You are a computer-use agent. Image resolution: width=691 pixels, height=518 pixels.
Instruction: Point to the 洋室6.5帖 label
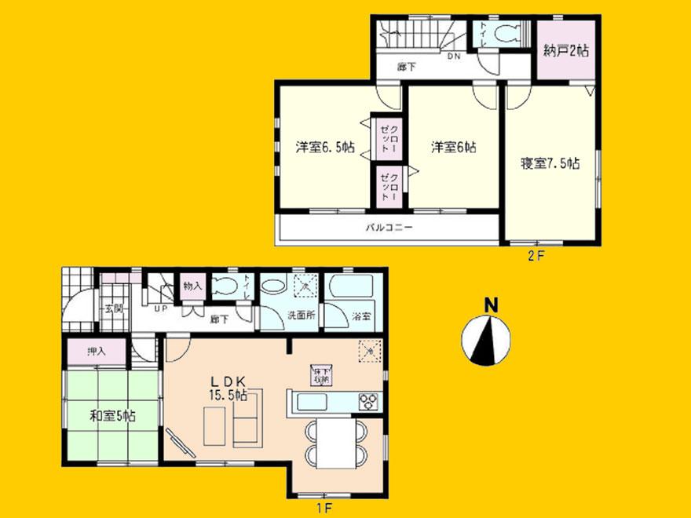[324, 147]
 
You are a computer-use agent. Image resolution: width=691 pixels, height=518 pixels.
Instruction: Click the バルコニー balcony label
[389, 228]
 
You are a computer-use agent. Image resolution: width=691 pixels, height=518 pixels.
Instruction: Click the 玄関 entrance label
[113, 308]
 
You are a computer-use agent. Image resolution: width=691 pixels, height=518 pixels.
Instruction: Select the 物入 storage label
[193, 286]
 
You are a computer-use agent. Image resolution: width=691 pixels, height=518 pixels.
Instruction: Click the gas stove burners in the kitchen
[368, 402]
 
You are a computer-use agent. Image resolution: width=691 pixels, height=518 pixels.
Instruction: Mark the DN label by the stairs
[455, 57]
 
